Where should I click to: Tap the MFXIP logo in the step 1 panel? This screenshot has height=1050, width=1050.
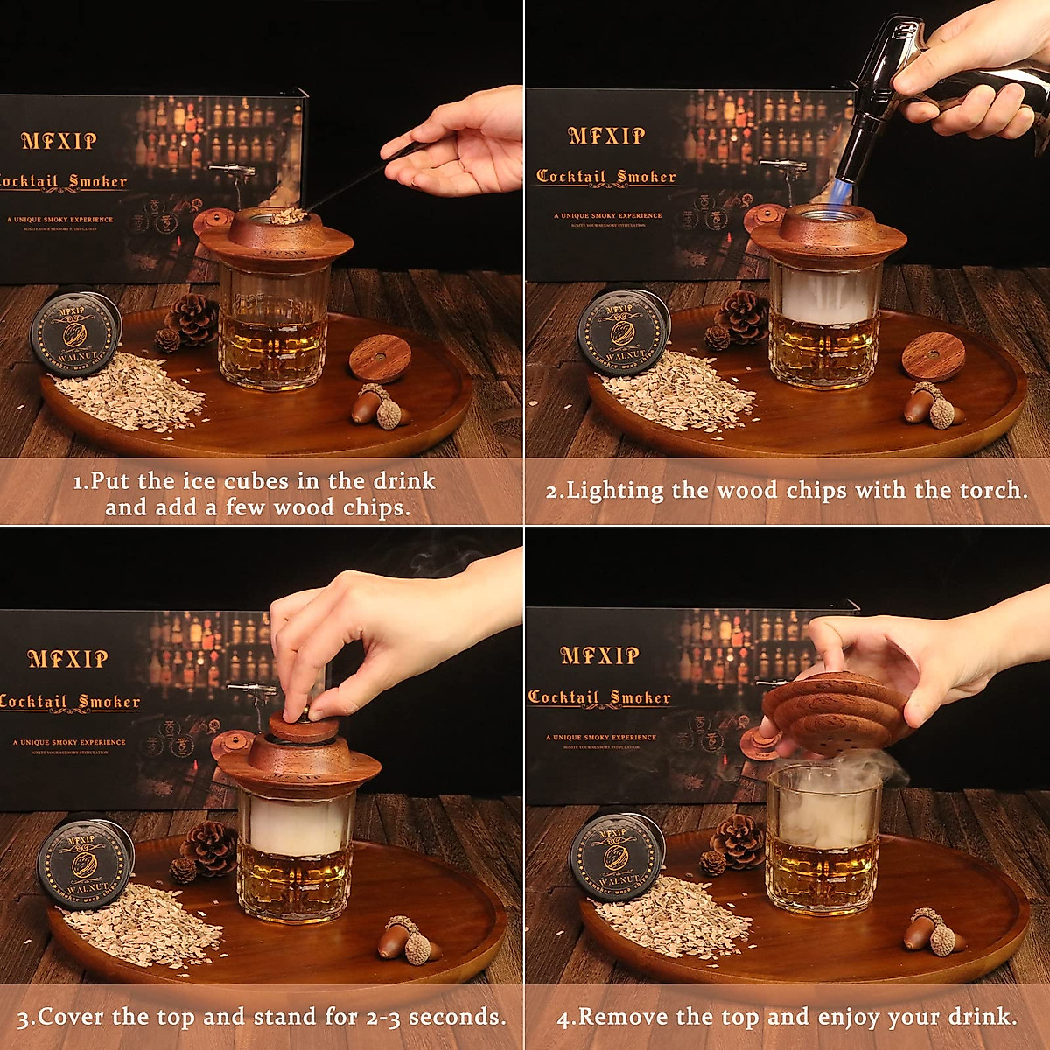(x=59, y=141)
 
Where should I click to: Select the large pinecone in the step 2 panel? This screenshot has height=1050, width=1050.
(x=741, y=316)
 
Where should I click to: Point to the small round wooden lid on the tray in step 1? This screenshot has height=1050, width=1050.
(x=380, y=357)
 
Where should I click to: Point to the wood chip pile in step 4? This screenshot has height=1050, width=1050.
(x=675, y=914)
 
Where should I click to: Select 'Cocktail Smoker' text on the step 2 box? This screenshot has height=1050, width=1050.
(x=606, y=177)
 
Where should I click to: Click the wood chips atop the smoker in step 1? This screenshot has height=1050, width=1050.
(x=288, y=215)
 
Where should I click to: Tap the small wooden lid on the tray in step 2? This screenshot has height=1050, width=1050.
(x=932, y=355)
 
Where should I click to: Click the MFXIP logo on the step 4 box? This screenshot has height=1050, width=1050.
(x=599, y=655)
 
